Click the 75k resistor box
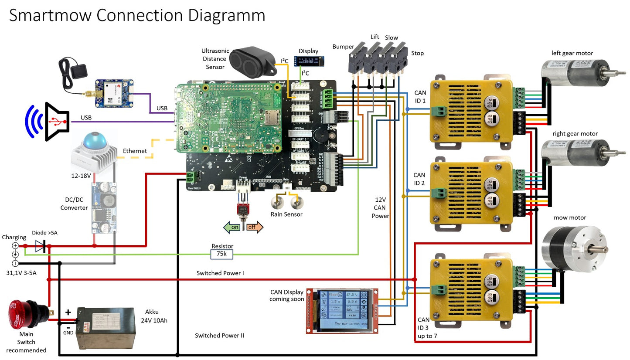click(x=222, y=254)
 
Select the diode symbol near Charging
click(x=40, y=247)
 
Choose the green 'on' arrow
click(x=233, y=228)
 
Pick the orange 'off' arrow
click(x=253, y=228)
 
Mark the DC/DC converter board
click(x=104, y=207)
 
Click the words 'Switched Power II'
click(x=219, y=336)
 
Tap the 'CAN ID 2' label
click(x=419, y=179)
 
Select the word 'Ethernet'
click(x=135, y=151)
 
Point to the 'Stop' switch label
click(x=417, y=53)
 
